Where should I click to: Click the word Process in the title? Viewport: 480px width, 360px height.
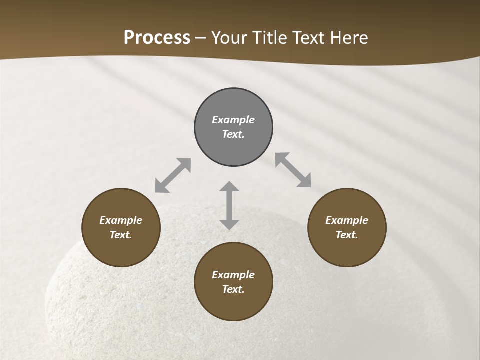[157, 38]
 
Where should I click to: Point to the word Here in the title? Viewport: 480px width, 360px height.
[350, 38]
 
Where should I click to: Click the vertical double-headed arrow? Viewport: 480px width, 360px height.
[229, 205]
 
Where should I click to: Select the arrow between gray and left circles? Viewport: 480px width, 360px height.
[173, 175]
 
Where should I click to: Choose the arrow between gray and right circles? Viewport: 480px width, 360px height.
[293, 170]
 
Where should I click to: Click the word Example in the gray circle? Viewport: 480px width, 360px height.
[233, 120]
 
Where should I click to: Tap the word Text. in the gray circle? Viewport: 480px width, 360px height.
[233, 134]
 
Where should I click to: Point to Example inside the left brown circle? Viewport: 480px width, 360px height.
[121, 220]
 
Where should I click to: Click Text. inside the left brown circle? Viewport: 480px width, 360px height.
[121, 235]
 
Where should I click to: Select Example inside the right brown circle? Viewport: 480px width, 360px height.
[347, 220]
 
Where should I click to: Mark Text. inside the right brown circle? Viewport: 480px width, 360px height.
[347, 235]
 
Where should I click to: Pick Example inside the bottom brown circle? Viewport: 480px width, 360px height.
[233, 275]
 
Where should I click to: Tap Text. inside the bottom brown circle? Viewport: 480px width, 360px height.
[233, 289]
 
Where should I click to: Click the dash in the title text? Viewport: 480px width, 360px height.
[201, 38]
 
